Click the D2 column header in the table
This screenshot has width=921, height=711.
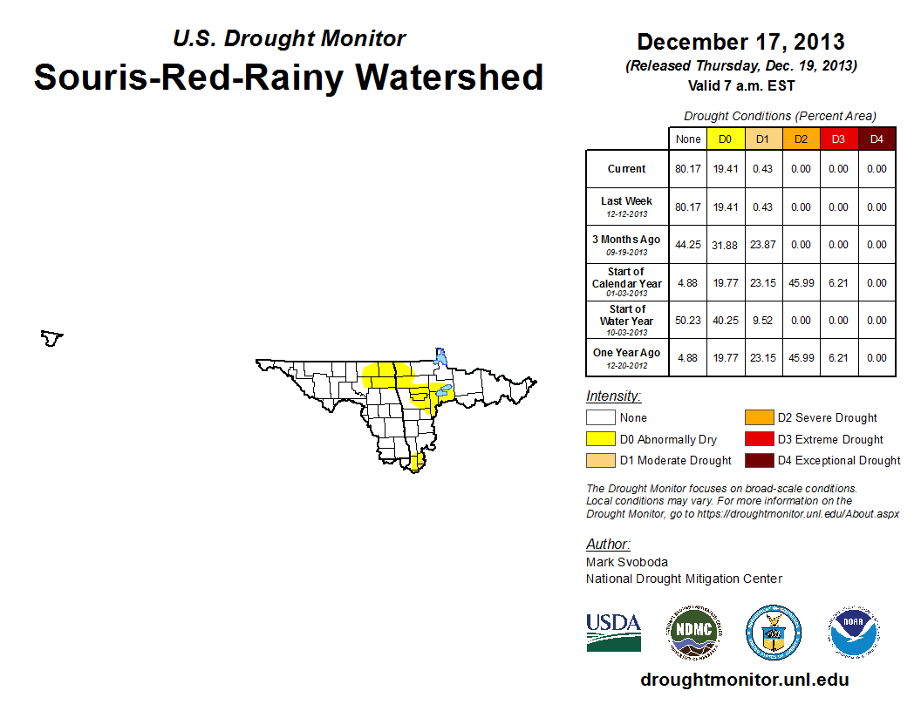pos(802,139)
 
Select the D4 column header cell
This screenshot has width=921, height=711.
pos(877,139)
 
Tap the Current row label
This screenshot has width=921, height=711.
pos(627,169)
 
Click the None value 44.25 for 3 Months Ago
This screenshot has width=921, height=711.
pos(688,245)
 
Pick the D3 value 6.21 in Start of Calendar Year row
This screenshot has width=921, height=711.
pos(839,283)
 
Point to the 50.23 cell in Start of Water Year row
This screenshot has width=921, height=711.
pos(688,320)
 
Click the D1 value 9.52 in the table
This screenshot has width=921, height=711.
pos(763,320)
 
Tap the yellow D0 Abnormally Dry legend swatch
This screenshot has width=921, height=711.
pos(599,439)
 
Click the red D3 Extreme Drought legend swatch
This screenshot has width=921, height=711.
pos(758,439)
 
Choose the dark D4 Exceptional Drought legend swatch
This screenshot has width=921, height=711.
pos(758,460)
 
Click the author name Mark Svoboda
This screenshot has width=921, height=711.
pos(627,562)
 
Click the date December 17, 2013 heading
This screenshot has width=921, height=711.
pos(740,42)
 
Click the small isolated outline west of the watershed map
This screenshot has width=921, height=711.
pos(52,337)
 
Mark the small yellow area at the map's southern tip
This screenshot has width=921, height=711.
pos(417,462)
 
